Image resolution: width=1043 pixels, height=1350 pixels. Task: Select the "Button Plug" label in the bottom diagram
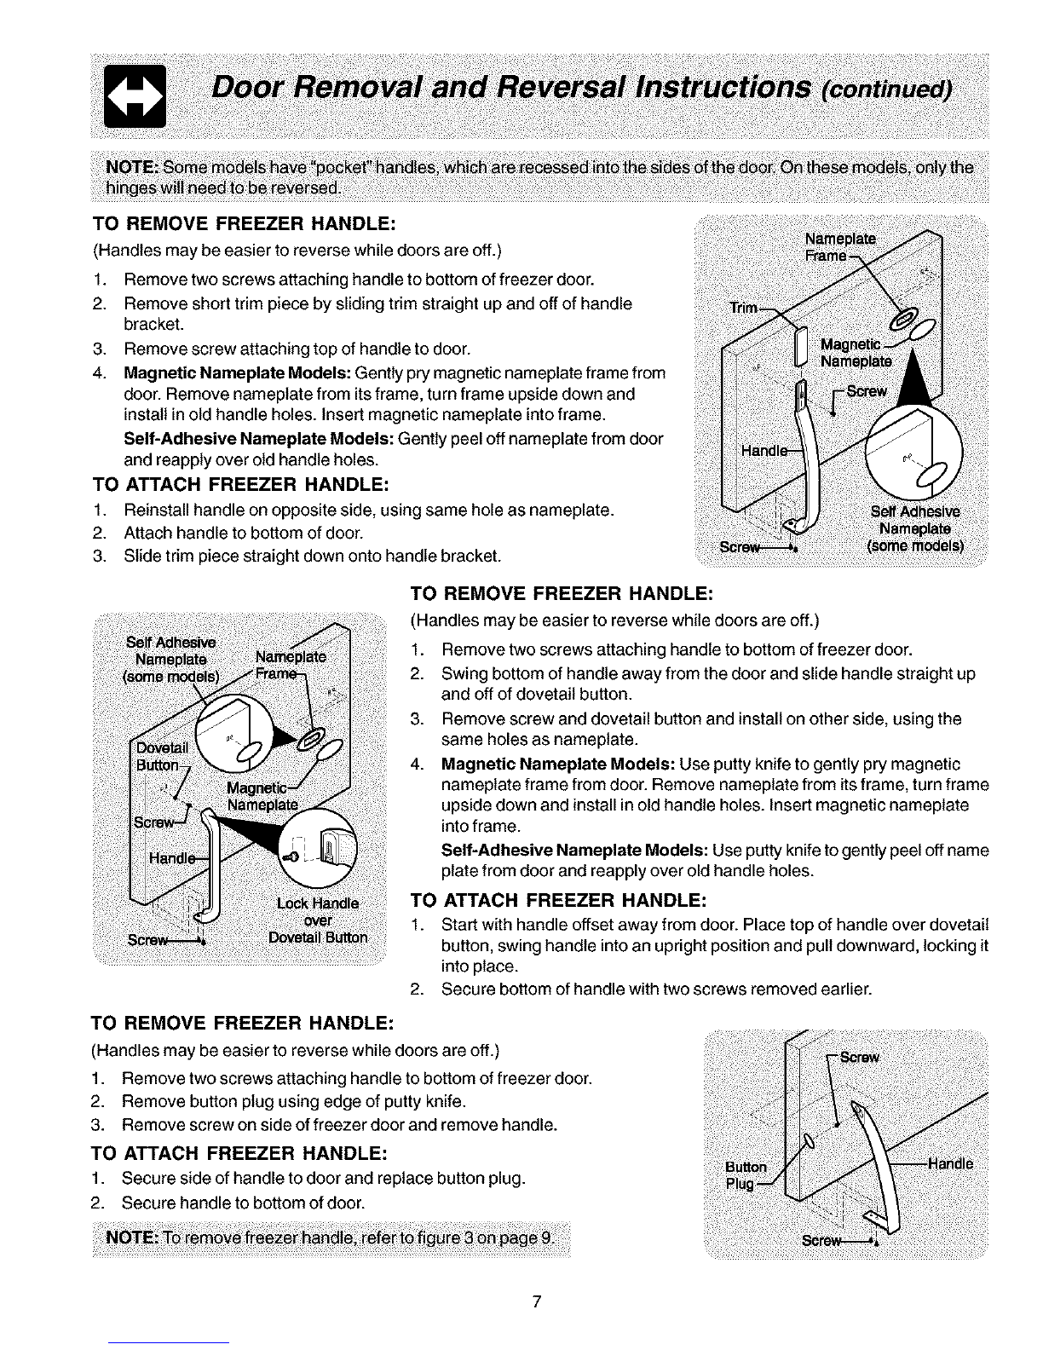[x=746, y=1175]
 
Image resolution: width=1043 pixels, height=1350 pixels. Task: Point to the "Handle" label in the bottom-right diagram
[x=950, y=1163]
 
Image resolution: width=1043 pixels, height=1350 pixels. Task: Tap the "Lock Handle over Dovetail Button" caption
[x=318, y=920]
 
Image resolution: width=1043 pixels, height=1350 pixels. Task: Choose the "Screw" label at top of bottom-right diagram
[x=859, y=1057]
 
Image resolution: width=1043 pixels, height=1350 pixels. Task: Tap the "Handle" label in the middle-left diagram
[x=170, y=858]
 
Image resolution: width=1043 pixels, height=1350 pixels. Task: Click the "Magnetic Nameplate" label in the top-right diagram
[x=855, y=352]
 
